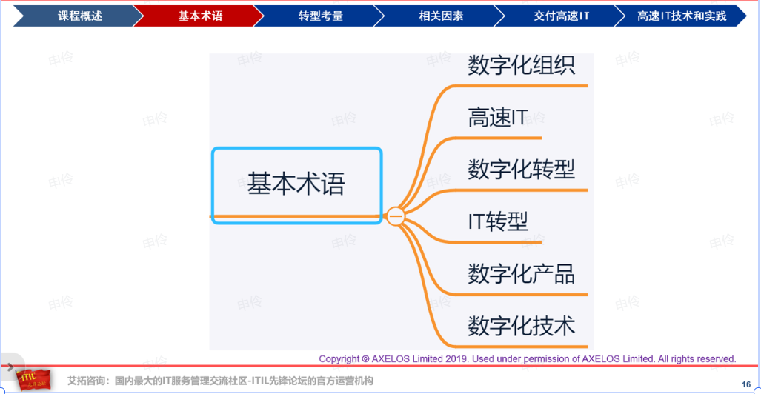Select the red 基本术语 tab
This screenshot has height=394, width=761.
point(200,16)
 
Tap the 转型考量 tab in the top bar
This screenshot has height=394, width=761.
point(320,16)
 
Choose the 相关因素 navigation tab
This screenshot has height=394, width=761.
point(441,16)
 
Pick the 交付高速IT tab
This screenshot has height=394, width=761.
point(561,16)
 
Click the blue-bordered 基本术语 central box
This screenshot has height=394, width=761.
point(297,185)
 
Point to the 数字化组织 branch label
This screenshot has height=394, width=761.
point(521,65)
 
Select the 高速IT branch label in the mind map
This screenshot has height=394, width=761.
point(497,118)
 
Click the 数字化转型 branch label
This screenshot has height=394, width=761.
point(521,170)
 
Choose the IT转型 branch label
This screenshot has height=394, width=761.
point(497,221)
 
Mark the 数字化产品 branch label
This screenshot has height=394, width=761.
point(521,274)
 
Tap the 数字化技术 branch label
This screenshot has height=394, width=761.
point(521,326)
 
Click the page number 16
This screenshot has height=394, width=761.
point(746,384)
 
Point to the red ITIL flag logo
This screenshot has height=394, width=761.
point(33,379)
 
